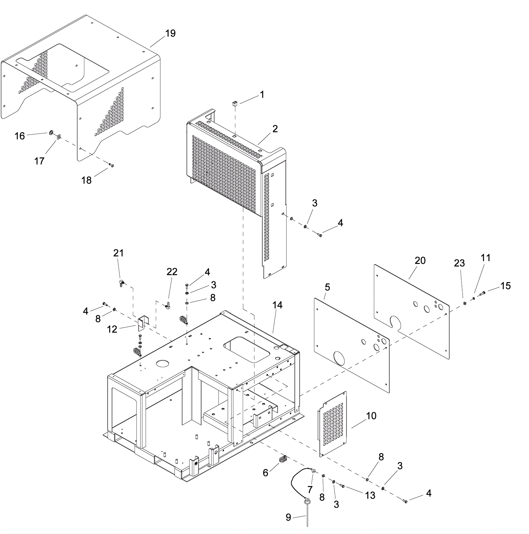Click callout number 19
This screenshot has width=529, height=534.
170,33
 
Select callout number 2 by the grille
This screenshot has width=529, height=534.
275,129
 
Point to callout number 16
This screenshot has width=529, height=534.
20,136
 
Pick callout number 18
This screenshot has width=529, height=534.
87,180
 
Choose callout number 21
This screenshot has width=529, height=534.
118,253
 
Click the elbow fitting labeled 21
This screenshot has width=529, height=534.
121,282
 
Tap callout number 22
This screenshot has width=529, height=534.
172,272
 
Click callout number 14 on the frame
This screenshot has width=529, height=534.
277,305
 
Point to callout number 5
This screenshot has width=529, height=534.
327,287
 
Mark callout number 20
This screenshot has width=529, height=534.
420,261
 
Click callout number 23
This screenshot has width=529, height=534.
460,263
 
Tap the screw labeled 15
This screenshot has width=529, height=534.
482,293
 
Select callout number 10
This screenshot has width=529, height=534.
371,416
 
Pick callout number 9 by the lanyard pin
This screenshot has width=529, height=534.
288,517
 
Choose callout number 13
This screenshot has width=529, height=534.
370,495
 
